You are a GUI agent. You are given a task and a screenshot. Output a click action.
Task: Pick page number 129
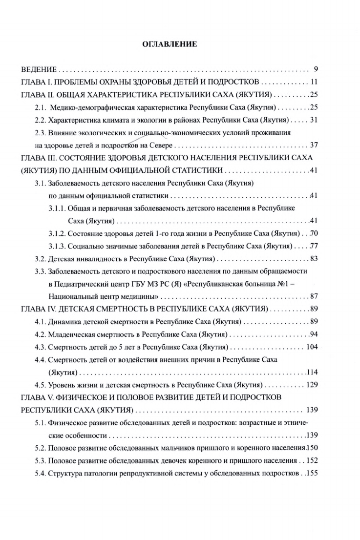(x=312, y=385)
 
